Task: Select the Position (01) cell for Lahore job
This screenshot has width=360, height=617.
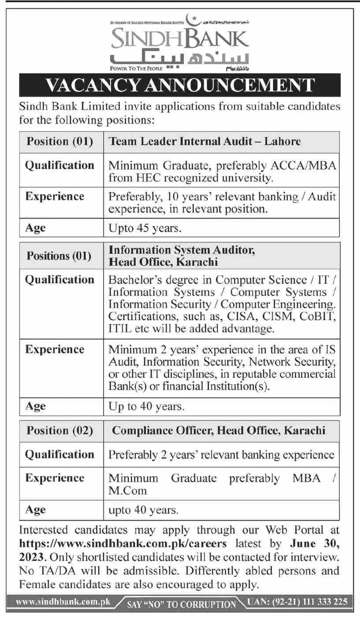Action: pos(60,142)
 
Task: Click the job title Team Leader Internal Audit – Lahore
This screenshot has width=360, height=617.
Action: pos(204,141)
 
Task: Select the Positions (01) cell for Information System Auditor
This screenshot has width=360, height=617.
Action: pos(59,255)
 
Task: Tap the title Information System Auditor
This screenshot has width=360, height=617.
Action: pos(182,250)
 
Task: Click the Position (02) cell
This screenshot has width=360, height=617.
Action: pos(60,430)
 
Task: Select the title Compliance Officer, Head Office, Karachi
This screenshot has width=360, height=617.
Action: pos(219,430)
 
